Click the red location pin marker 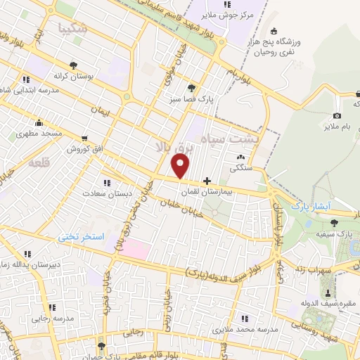click(x=181, y=166)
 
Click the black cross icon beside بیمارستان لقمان click(x=206, y=180)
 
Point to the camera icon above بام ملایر click(x=337, y=115)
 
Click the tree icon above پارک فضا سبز click(x=192, y=89)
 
